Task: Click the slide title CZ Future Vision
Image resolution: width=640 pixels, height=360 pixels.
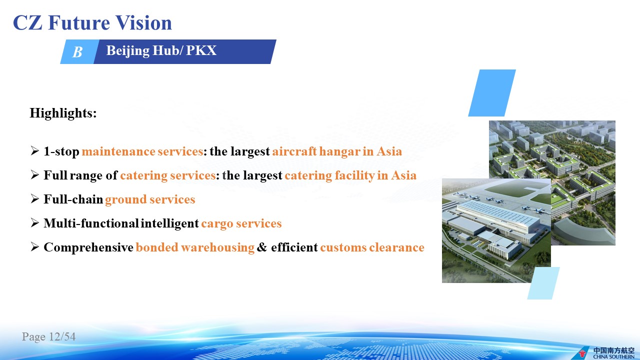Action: pyautogui.click(x=92, y=22)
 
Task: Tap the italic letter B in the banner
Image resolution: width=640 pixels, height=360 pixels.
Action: pyautogui.click(x=77, y=52)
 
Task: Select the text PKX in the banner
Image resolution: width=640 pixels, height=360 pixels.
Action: pyautogui.click(x=201, y=50)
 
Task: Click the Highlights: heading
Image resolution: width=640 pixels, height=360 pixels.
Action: pyautogui.click(x=63, y=113)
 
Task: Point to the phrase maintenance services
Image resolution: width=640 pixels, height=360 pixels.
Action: pyautogui.click(x=142, y=151)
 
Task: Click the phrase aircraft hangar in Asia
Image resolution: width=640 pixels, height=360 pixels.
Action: pyautogui.click(x=337, y=151)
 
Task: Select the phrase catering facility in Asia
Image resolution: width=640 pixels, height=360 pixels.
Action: pyautogui.click(x=350, y=175)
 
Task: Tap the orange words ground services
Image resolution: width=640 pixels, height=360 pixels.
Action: pyautogui.click(x=150, y=199)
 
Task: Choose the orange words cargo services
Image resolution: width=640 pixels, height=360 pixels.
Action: pyautogui.click(x=241, y=223)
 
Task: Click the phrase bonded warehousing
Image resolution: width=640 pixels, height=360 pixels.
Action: pyautogui.click(x=195, y=247)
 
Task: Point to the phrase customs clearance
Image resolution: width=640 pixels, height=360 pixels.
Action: pyautogui.click(x=372, y=247)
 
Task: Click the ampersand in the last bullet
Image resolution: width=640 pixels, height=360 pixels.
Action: pyautogui.click(x=261, y=247)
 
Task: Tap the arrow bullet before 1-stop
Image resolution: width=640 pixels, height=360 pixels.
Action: pyautogui.click(x=34, y=150)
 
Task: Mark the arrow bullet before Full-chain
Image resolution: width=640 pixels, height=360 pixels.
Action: pyautogui.click(x=34, y=198)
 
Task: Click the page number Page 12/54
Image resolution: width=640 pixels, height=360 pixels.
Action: pyautogui.click(x=48, y=336)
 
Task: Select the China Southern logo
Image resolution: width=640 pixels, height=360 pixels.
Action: pyautogui.click(x=607, y=353)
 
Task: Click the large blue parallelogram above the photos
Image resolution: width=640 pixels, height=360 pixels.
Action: pyautogui.click(x=492, y=93)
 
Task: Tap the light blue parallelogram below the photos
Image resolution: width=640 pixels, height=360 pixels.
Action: pyautogui.click(x=543, y=283)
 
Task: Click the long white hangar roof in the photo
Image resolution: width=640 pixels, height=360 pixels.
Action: pyautogui.click(x=498, y=213)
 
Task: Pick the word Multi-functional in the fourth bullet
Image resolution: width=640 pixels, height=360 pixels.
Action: pyautogui.click(x=91, y=223)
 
